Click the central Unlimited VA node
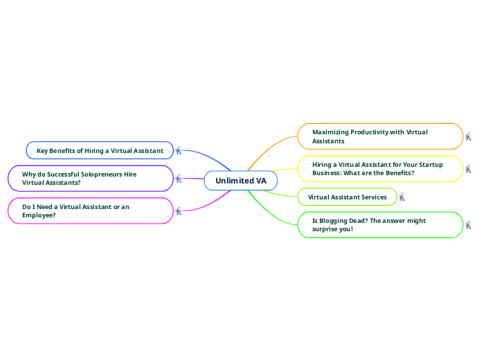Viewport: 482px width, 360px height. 240,181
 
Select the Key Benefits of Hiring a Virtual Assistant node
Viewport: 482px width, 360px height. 100,150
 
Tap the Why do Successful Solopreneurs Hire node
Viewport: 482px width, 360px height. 89,178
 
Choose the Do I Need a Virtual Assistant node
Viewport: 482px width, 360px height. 89,210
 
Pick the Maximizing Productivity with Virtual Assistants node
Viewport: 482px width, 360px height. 380,136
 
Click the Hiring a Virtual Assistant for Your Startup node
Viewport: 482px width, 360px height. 380,168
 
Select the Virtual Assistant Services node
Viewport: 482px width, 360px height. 347,197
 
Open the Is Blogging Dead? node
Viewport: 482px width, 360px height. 380,224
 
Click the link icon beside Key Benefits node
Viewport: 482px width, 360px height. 179,150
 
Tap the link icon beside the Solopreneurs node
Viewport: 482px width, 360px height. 178,179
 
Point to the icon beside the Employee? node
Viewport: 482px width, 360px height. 178,210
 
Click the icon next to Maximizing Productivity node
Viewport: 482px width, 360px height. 468,136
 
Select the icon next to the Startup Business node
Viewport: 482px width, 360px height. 468,168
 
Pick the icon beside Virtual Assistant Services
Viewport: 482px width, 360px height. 402,197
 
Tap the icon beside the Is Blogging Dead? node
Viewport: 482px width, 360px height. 468,225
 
